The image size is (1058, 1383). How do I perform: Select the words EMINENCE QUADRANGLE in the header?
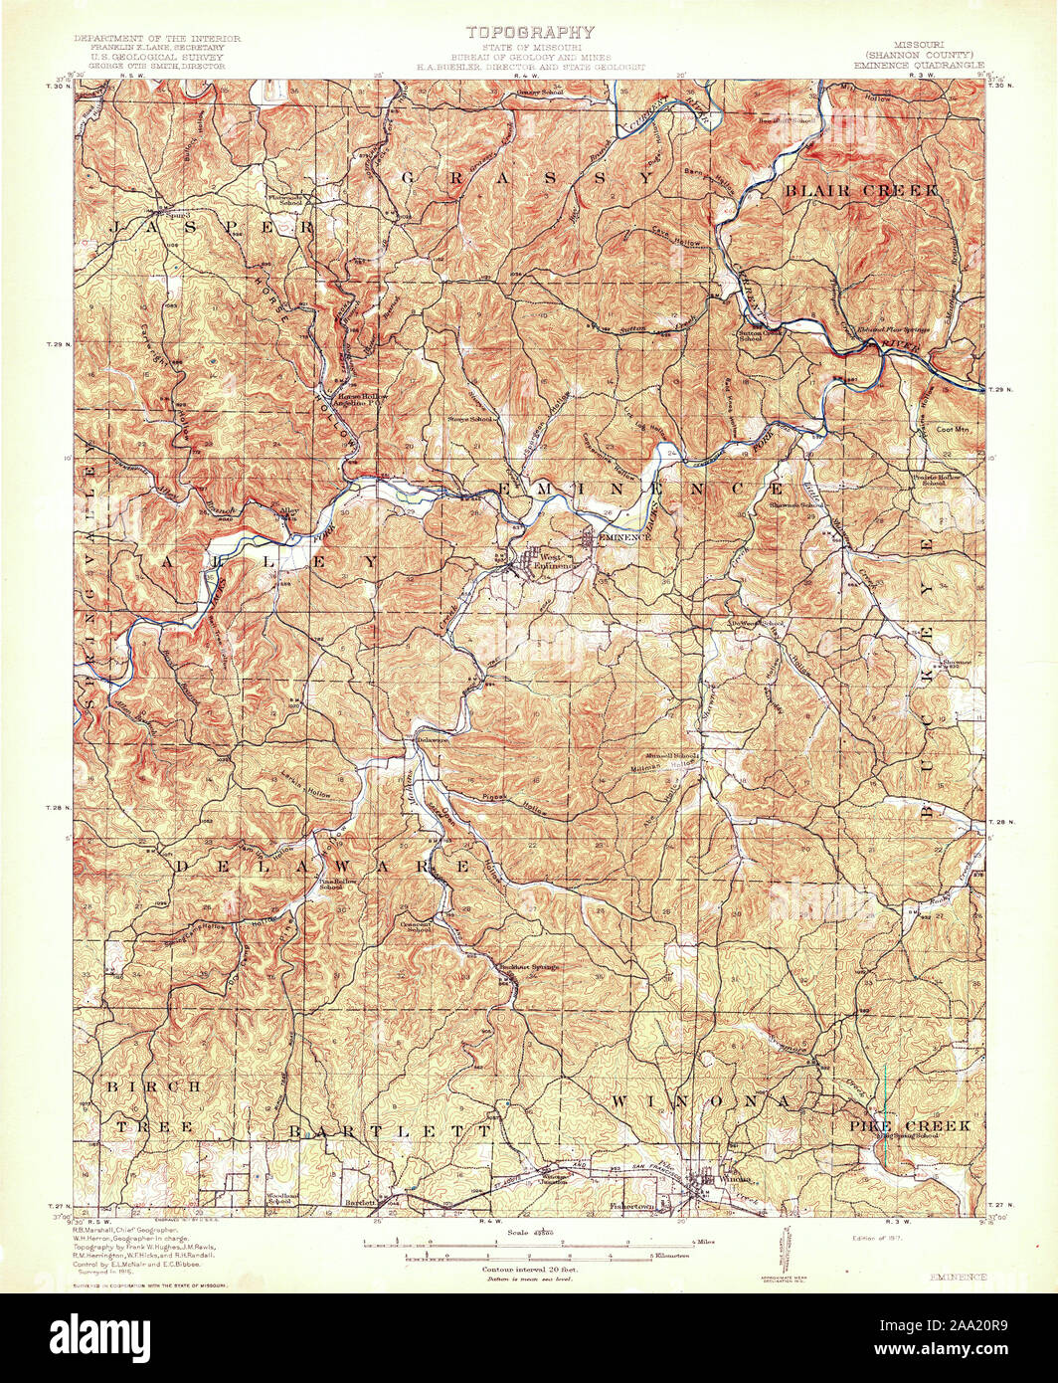[x=919, y=64]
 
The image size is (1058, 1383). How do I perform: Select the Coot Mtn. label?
[x=953, y=430]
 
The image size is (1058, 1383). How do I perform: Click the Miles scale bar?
[x=527, y=1243]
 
